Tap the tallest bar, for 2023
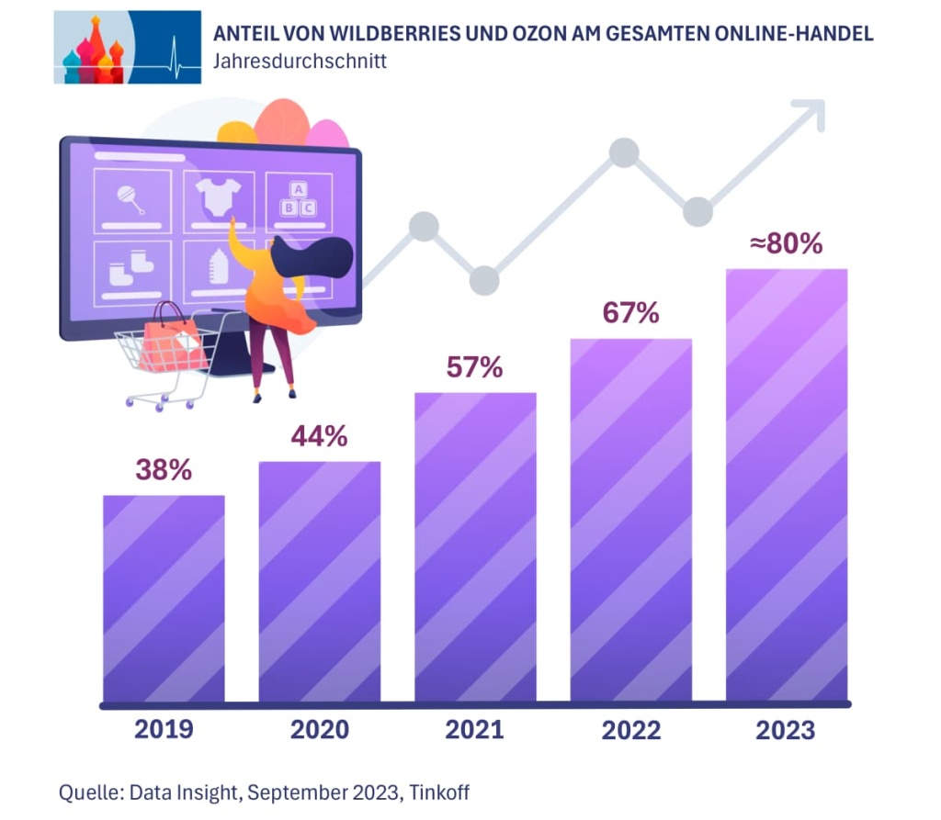tap(787, 486)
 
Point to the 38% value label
tap(164, 470)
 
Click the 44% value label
tap(319, 437)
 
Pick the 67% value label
tap(630, 313)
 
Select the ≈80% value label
tap(786, 245)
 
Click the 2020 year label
tap(320, 730)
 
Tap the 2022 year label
tap(631, 730)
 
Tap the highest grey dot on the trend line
tap(624, 152)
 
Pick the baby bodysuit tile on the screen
tap(219, 199)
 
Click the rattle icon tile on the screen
tap(132, 199)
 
